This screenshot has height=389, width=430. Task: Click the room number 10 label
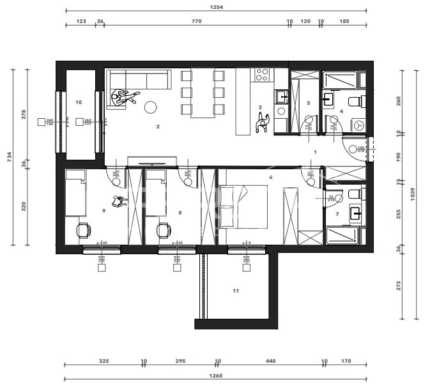pyautogui.click(x=79, y=102)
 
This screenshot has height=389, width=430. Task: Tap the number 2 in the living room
pyautogui.click(x=158, y=127)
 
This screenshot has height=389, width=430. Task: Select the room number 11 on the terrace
pyautogui.click(x=235, y=291)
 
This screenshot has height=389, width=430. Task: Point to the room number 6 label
pyautogui.click(x=271, y=177)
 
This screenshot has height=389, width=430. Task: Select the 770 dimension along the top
pyautogui.click(x=196, y=22)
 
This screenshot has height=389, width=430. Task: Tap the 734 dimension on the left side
pyautogui.click(x=10, y=157)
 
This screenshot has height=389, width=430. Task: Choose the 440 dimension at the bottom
pyautogui.click(x=270, y=362)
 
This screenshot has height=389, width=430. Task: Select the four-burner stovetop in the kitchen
pyautogui.click(x=262, y=75)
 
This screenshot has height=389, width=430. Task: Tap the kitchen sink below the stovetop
pyautogui.click(x=281, y=97)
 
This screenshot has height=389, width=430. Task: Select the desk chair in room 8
pyautogui.click(x=164, y=229)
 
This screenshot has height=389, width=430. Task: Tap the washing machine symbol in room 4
pyautogui.click(x=358, y=124)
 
